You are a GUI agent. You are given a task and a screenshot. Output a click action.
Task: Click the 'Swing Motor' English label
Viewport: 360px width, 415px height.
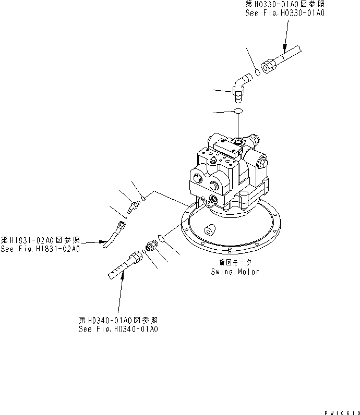click(235, 272)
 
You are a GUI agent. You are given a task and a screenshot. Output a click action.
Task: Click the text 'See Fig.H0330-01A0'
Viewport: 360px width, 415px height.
click(285, 14)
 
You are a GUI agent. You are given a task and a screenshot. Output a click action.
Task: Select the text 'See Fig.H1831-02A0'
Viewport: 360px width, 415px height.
click(40, 249)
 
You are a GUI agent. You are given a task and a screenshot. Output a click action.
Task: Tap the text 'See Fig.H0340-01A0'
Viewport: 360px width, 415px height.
click(118, 329)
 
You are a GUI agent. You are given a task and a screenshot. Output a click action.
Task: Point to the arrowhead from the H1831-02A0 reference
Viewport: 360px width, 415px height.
click(106, 242)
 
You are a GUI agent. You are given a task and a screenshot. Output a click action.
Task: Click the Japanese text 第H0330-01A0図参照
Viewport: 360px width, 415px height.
click(285, 5)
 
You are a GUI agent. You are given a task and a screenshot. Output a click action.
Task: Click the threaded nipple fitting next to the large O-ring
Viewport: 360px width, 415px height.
click(152, 245)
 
